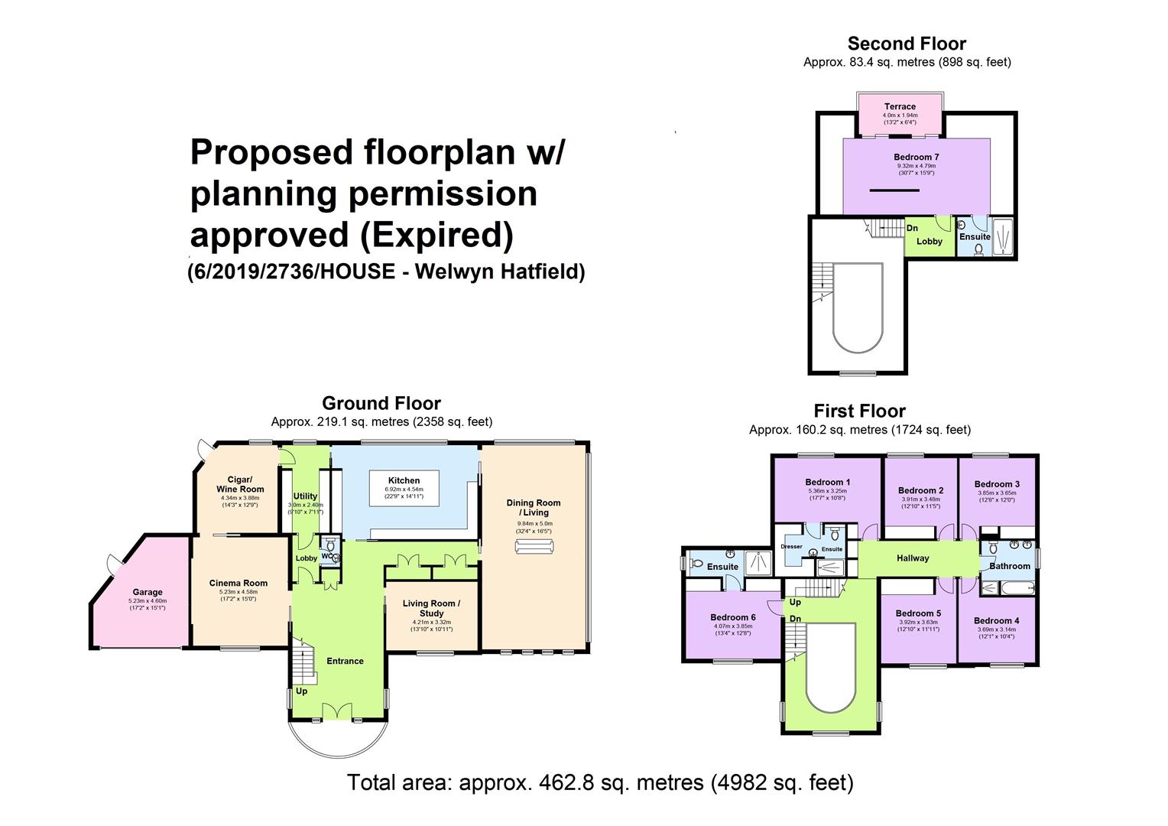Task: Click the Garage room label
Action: coord(148,592)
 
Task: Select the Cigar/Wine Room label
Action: coord(240,484)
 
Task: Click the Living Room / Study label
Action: coord(431,608)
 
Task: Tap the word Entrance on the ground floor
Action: coord(345,661)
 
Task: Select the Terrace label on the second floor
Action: coord(900,106)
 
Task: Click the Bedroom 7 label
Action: coord(916,158)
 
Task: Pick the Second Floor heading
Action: coord(907,44)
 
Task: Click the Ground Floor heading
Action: coord(381,403)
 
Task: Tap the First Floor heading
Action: coord(859,411)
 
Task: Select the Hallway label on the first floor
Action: coord(913,558)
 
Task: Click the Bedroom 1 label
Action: coord(827,482)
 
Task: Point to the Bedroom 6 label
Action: coord(732,617)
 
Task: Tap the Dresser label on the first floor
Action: coord(791,546)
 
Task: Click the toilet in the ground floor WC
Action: coord(329,546)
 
